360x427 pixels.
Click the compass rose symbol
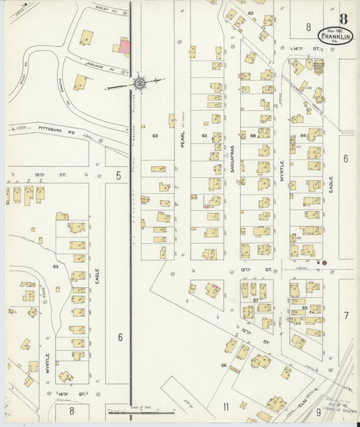tap(139, 83)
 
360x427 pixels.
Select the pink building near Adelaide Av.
tap(125, 45)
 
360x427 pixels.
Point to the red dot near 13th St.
tap(324, 262)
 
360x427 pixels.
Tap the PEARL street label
tap(182, 143)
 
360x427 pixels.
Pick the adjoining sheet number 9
tap(318, 411)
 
